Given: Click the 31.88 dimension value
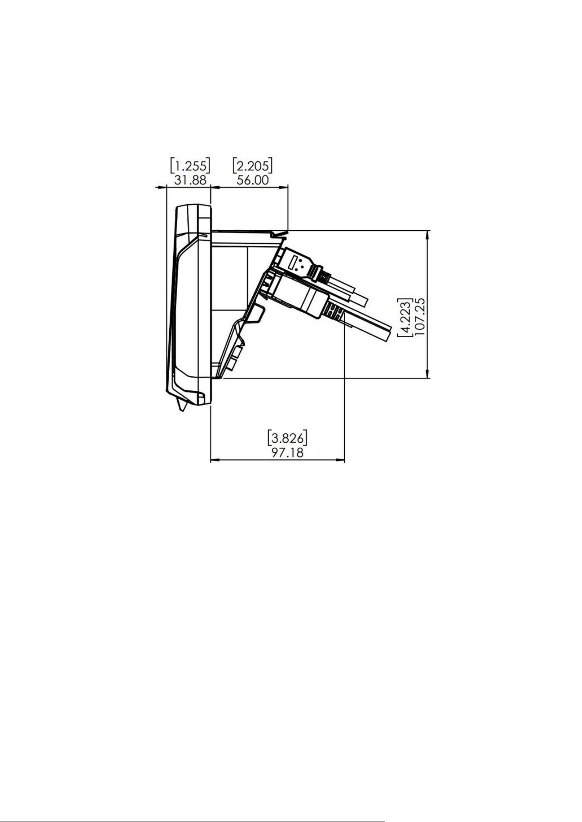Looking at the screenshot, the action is click(x=190, y=180).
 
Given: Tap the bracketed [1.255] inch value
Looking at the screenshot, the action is click(x=190, y=166).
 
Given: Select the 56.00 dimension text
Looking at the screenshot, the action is click(x=253, y=180).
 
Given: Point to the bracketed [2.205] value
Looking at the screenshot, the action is click(x=252, y=166).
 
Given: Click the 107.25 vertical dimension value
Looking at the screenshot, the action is click(x=420, y=317).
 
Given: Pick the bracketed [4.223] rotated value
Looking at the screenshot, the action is click(x=405, y=317).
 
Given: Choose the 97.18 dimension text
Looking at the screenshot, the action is click(x=287, y=452).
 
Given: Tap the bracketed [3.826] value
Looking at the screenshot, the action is click(x=287, y=438).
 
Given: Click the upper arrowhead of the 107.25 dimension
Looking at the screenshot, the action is click(x=428, y=234).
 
